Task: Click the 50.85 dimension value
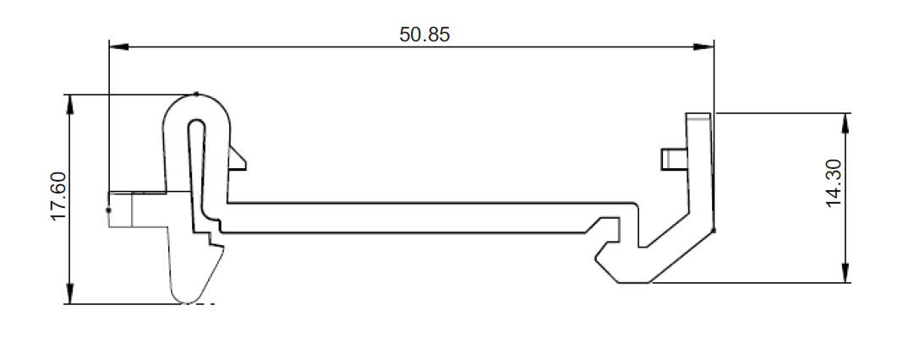pyautogui.click(x=425, y=35)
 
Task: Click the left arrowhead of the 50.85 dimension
pyautogui.click(x=119, y=47)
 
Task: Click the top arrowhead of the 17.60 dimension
pyautogui.click(x=70, y=104)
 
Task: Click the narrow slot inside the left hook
pyautogui.click(x=196, y=161)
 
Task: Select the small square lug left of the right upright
pyautogui.click(x=673, y=158)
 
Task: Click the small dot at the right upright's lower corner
pyautogui.click(x=714, y=230)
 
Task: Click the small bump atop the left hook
pyautogui.click(x=196, y=94)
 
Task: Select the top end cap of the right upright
pyautogui.click(x=699, y=114)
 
